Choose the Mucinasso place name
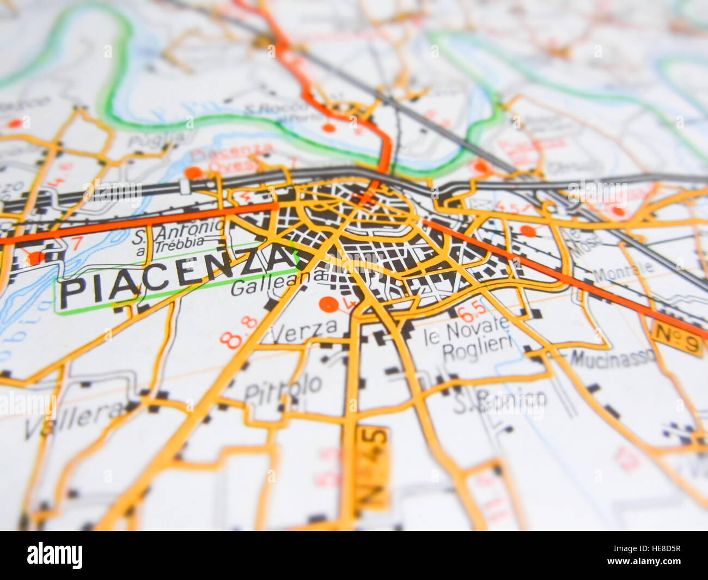[x=613, y=358]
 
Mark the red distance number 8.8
[x=239, y=332]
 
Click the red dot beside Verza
[x=328, y=304]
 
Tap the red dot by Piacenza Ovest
[x=193, y=173]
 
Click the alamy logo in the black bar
[x=54, y=555]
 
